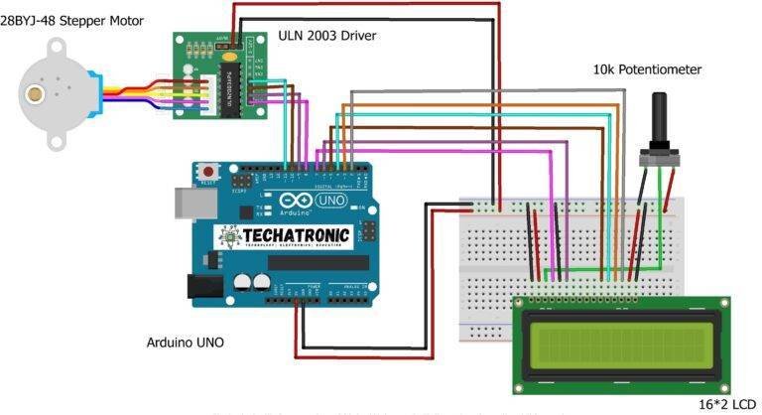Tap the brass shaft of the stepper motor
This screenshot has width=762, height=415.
(37, 94)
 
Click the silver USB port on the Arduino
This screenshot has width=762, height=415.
(190, 202)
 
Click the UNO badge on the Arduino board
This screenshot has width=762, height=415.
(327, 200)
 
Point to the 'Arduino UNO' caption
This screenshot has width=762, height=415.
(185, 343)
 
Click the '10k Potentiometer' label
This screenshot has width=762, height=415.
(647, 69)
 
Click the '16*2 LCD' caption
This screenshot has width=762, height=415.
(720, 405)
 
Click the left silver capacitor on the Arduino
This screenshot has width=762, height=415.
(243, 282)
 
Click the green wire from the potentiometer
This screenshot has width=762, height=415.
(662, 223)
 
